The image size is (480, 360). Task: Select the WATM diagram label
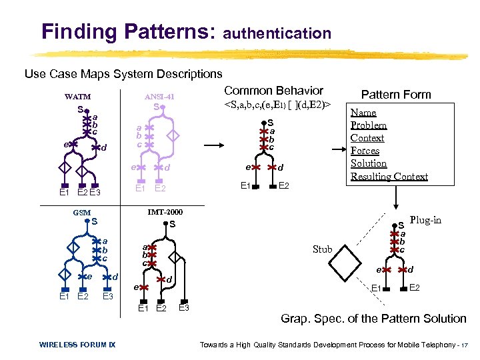click(77, 97)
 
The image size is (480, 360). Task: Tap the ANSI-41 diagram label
click(159, 97)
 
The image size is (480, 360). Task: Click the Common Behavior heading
click(273, 91)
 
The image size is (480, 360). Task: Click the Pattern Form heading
click(396, 95)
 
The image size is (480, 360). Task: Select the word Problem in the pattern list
click(369, 125)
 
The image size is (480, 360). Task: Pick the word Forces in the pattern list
click(365, 151)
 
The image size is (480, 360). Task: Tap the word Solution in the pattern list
click(369, 163)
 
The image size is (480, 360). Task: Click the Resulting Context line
click(389, 176)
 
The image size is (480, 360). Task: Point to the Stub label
click(322, 249)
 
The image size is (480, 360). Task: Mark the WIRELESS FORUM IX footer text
click(77, 344)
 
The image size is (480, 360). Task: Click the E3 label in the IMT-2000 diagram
click(185, 307)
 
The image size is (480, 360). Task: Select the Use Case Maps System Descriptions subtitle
click(123, 73)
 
